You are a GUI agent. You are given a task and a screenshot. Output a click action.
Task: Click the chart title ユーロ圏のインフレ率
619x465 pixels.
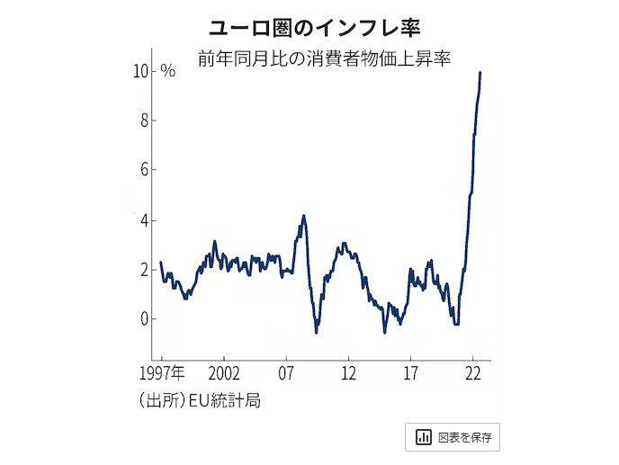click(x=309, y=27)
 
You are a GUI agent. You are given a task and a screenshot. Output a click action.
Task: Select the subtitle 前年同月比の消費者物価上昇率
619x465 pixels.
click(x=325, y=59)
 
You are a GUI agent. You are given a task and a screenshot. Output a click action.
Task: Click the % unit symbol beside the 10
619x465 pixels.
click(x=168, y=72)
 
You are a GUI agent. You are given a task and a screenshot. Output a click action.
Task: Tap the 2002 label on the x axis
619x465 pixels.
click(x=223, y=372)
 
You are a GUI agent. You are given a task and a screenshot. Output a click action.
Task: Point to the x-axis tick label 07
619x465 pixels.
click(x=286, y=372)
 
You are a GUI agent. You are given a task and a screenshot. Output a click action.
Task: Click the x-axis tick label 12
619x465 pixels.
click(x=348, y=372)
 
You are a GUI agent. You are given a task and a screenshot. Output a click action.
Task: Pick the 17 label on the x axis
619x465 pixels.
click(x=411, y=372)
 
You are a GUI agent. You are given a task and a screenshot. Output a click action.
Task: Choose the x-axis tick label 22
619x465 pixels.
click(x=473, y=372)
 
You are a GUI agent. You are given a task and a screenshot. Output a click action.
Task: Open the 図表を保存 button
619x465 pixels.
click(x=452, y=437)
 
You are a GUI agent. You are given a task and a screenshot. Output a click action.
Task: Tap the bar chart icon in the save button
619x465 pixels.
click(x=423, y=437)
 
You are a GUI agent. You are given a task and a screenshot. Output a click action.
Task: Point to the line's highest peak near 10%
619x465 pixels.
click(x=480, y=73)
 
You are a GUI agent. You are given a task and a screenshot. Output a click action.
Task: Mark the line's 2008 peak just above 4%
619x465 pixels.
click(x=304, y=216)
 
